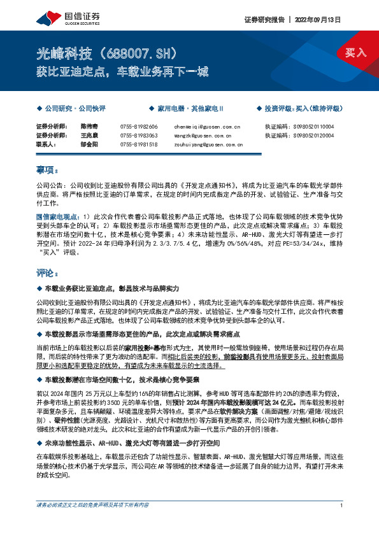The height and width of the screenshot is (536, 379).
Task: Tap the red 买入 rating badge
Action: click(355, 53)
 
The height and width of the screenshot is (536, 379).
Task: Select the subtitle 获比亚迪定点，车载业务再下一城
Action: click(121, 71)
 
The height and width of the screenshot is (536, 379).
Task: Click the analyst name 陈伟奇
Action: click(89, 127)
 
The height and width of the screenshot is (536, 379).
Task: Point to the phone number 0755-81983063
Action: click(138, 136)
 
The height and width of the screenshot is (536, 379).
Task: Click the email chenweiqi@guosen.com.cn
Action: click(206, 127)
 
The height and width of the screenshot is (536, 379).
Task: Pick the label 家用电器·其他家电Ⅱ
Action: click(186, 109)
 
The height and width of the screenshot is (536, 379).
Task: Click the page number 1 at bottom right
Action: click(342, 523)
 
